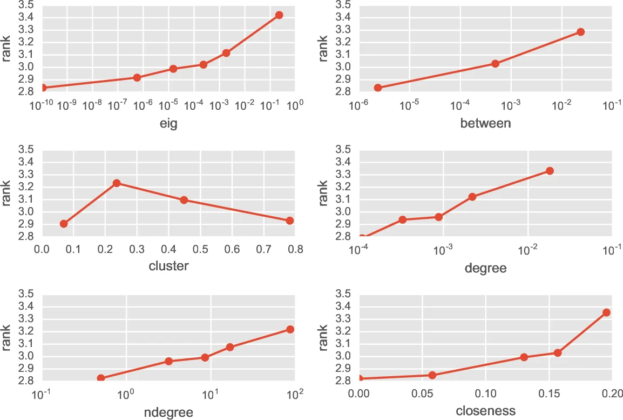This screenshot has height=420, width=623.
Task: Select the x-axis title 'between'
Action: [485, 124]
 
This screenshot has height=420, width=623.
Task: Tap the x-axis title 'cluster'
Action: [168, 266]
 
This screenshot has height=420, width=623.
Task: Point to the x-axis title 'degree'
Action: [485, 268]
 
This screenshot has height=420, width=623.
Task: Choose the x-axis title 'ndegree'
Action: [168, 412]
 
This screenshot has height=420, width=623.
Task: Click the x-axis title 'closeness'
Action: [485, 411]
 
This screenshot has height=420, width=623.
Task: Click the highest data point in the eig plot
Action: [279, 15]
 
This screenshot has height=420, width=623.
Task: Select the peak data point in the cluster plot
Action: [117, 183]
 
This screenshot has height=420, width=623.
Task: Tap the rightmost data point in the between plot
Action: [580, 32]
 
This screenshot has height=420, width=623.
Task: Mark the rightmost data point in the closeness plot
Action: [606, 312]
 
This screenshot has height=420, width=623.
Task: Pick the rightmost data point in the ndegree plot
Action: [290, 329]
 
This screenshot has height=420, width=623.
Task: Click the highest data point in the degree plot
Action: [550, 171]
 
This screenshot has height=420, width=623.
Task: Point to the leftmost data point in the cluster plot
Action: [64, 224]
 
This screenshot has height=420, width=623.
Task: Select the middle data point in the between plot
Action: [495, 64]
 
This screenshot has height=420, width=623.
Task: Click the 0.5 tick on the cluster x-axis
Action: [200, 250]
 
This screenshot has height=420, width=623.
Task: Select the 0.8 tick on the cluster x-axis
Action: [295, 250]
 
